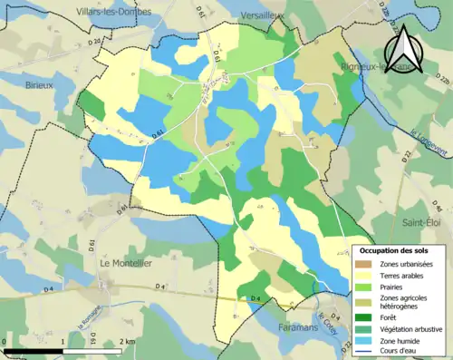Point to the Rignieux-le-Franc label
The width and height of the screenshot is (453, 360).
click(372, 64)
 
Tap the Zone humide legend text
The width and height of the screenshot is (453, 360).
click(405, 343)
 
